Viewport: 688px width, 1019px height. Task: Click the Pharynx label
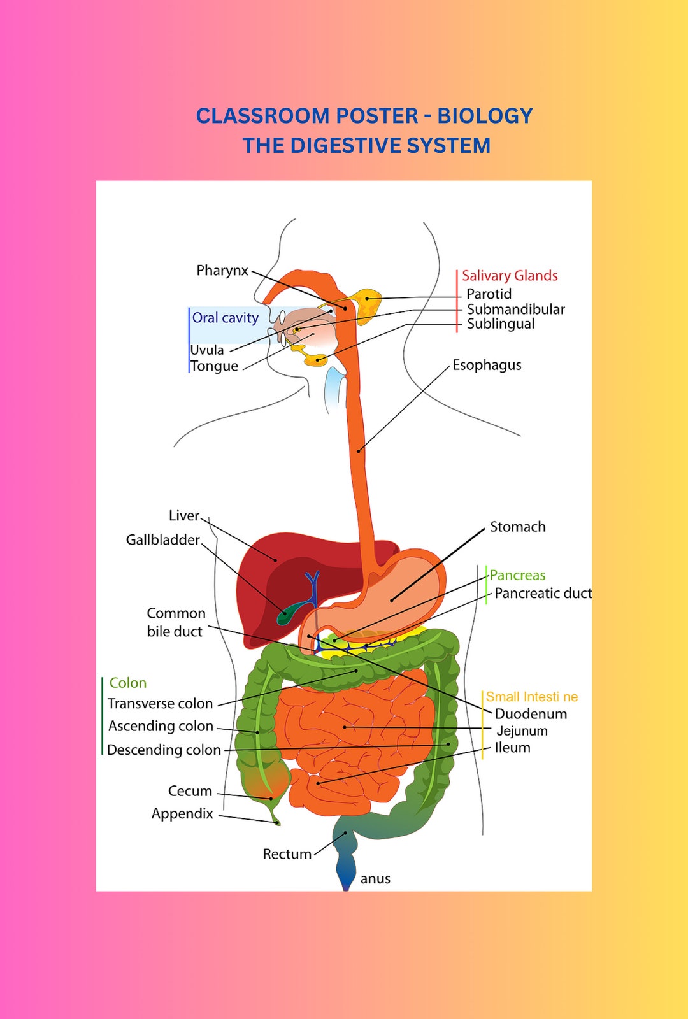coord(222,271)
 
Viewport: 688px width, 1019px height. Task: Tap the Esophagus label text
coord(487,365)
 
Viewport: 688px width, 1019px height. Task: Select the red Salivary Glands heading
coord(510,276)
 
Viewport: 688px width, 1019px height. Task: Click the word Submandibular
coord(515,309)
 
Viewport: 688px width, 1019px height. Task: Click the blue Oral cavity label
coord(225,318)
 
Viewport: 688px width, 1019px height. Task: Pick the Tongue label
coord(214,366)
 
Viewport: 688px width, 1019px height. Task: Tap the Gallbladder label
coord(163,540)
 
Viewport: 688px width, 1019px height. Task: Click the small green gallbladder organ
coord(284,616)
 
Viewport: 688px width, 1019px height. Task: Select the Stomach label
coord(517,527)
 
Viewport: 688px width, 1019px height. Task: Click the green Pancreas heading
coord(517,575)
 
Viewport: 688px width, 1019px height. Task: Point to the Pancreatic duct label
coord(543,594)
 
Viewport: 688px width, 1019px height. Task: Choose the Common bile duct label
coord(175,622)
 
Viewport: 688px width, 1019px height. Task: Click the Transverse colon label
coord(160,704)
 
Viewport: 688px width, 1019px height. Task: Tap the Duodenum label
coord(530,714)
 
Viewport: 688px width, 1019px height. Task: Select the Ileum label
coord(512,748)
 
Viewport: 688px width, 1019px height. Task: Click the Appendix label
coord(182,814)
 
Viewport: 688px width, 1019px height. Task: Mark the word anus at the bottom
coord(375,879)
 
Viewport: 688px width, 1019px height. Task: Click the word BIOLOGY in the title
coord(485,116)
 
